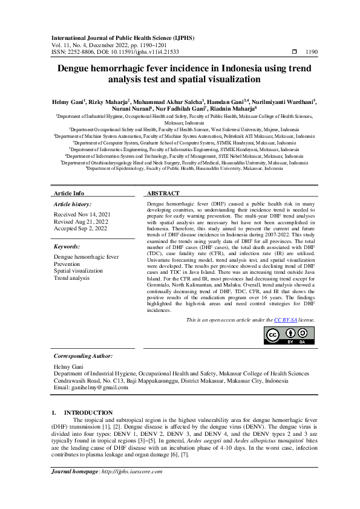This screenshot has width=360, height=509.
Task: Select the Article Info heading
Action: [x=70, y=193]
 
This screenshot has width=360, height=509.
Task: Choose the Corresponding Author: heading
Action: [x=83, y=356]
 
